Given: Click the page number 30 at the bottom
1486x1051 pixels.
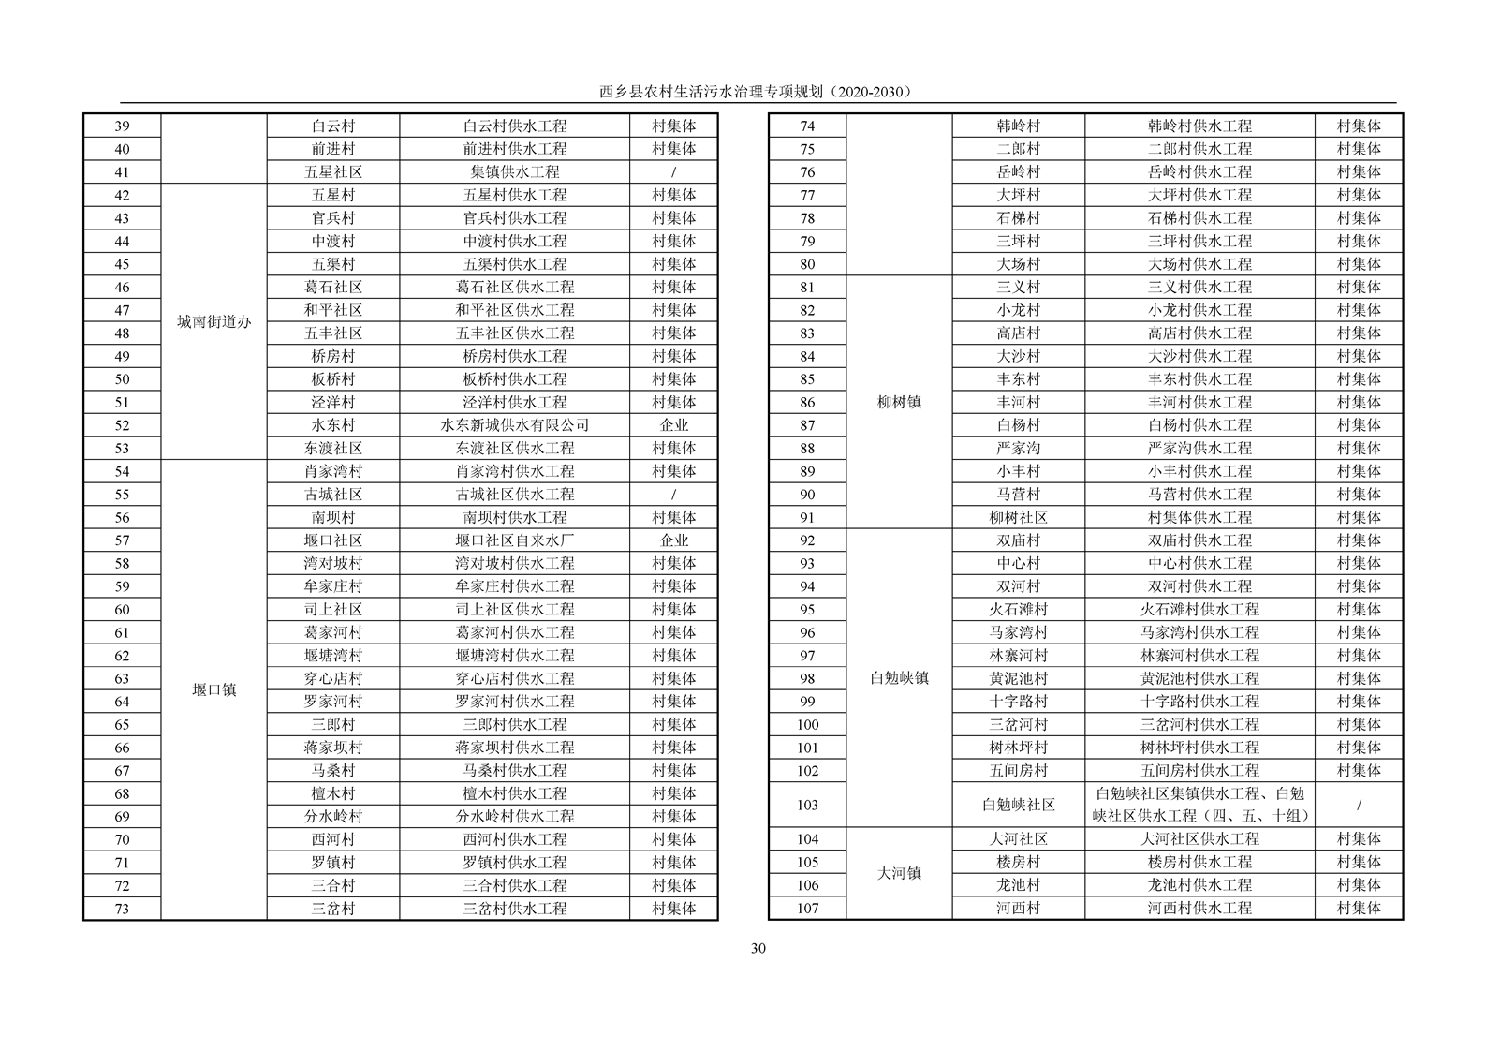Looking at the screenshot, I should point(758,948).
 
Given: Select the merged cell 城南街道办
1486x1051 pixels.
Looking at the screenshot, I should point(214,322).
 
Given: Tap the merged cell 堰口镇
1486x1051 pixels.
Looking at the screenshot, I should point(214,690).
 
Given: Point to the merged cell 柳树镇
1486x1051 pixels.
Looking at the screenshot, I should point(899,402).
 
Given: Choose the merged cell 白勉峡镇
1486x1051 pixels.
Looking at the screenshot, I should point(899,678).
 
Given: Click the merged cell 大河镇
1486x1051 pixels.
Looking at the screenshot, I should point(899,873).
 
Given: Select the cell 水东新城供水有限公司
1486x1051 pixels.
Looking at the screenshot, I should point(515,425).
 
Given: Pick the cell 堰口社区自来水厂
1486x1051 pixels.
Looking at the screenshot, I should point(515,540).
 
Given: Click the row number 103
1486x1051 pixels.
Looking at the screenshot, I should point(807,805).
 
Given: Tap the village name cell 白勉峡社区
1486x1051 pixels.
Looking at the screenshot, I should point(1018,805).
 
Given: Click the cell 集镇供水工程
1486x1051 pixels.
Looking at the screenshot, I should point(515,172).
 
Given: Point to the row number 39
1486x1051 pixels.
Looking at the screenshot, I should point(122,126).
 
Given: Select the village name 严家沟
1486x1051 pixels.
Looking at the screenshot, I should point(1018,449).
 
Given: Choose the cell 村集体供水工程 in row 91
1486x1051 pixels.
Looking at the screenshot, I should point(1199,517).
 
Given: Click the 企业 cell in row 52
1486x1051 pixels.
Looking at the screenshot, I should point(673,425).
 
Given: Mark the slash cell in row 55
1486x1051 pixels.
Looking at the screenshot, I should point(673,495).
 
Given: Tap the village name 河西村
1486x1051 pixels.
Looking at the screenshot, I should point(1018,908).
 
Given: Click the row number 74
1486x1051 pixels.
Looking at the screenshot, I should point(807,126).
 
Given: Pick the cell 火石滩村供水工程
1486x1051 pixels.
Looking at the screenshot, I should point(1199,610).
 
